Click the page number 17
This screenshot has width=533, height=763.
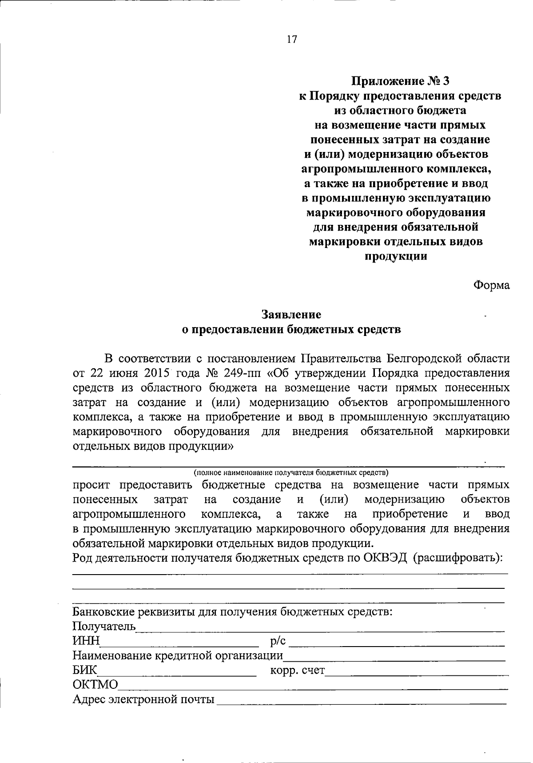pyautogui.click(x=291, y=40)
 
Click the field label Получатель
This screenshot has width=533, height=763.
pyautogui.click(x=104, y=627)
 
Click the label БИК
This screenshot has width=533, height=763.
pyautogui.click(x=85, y=670)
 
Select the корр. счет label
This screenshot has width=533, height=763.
pyautogui.click(x=297, y=670)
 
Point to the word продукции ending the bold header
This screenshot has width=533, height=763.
pyautogui.click(x=396, y=256)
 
